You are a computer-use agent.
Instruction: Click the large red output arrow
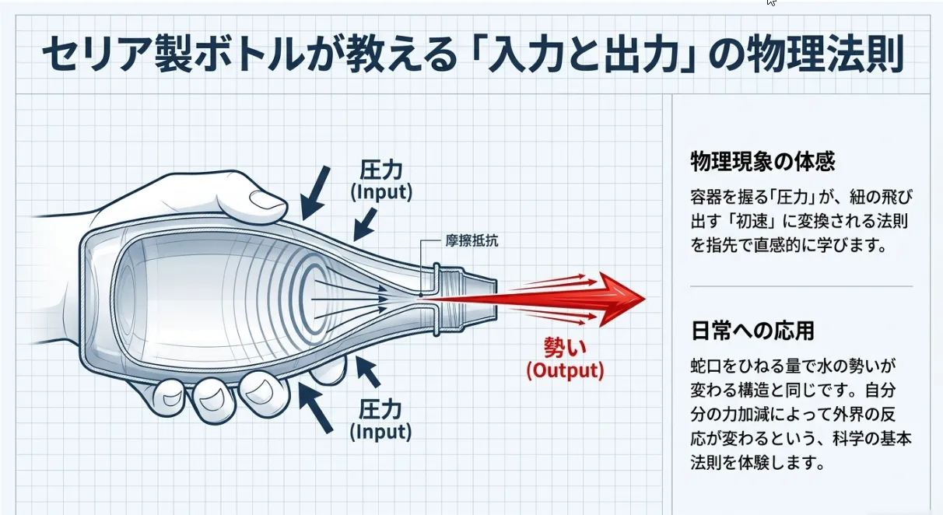(x=607, y=300)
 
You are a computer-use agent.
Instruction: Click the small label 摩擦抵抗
(x=472, y=240)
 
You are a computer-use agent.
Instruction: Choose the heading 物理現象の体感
(x=762, y=163)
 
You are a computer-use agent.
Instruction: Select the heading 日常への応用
(x=752, y=331)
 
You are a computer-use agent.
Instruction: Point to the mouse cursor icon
(x=770, y=2)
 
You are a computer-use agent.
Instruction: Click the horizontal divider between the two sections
(x=801, y=286)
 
